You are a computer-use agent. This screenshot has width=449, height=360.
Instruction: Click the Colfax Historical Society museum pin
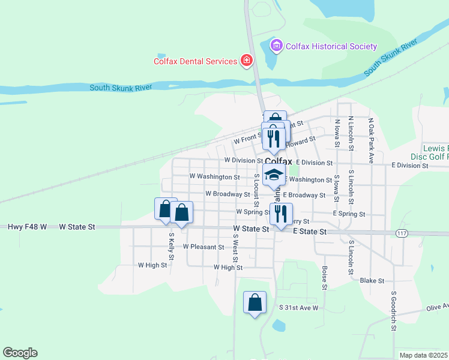pyautogui.click(x=276, y=46)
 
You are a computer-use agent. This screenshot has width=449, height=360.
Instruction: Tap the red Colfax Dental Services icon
pyautogui.click(x=246, y=60)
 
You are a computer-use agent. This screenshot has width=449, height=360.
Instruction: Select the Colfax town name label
pyautogui.click(x=278, y=161)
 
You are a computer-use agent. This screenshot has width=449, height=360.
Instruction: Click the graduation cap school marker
pyautogui.click(x=274, y=175)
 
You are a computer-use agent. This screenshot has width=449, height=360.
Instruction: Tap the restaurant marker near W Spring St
pyautogui.click(x=281, y=213)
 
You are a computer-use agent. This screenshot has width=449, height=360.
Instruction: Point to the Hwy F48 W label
pyautogui.click(x=28, y=227)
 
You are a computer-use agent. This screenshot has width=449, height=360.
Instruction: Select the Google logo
pyautogui.click(x=20, y=353)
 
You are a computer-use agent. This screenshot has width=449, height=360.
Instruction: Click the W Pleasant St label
pyautogui.click(x=203, y=247)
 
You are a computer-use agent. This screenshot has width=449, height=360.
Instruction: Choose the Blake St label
pyautogui.click(x=372, y=280)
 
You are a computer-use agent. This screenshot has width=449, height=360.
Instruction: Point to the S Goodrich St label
pyautogui.click(x=393, y=311)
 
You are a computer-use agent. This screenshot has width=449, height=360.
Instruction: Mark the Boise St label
pyautogui.click(x=324, y=278)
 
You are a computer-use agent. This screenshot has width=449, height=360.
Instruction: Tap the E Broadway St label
pyautogui.click(x=304, y=195)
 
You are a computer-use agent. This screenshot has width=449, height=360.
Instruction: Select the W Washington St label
pyautogui.click(x=214, y=177)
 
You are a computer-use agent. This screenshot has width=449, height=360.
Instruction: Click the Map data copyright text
pyautogui.click(x=423, y=355)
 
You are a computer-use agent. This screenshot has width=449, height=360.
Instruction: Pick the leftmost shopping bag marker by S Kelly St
pyautogui.click(x=165, y=209)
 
